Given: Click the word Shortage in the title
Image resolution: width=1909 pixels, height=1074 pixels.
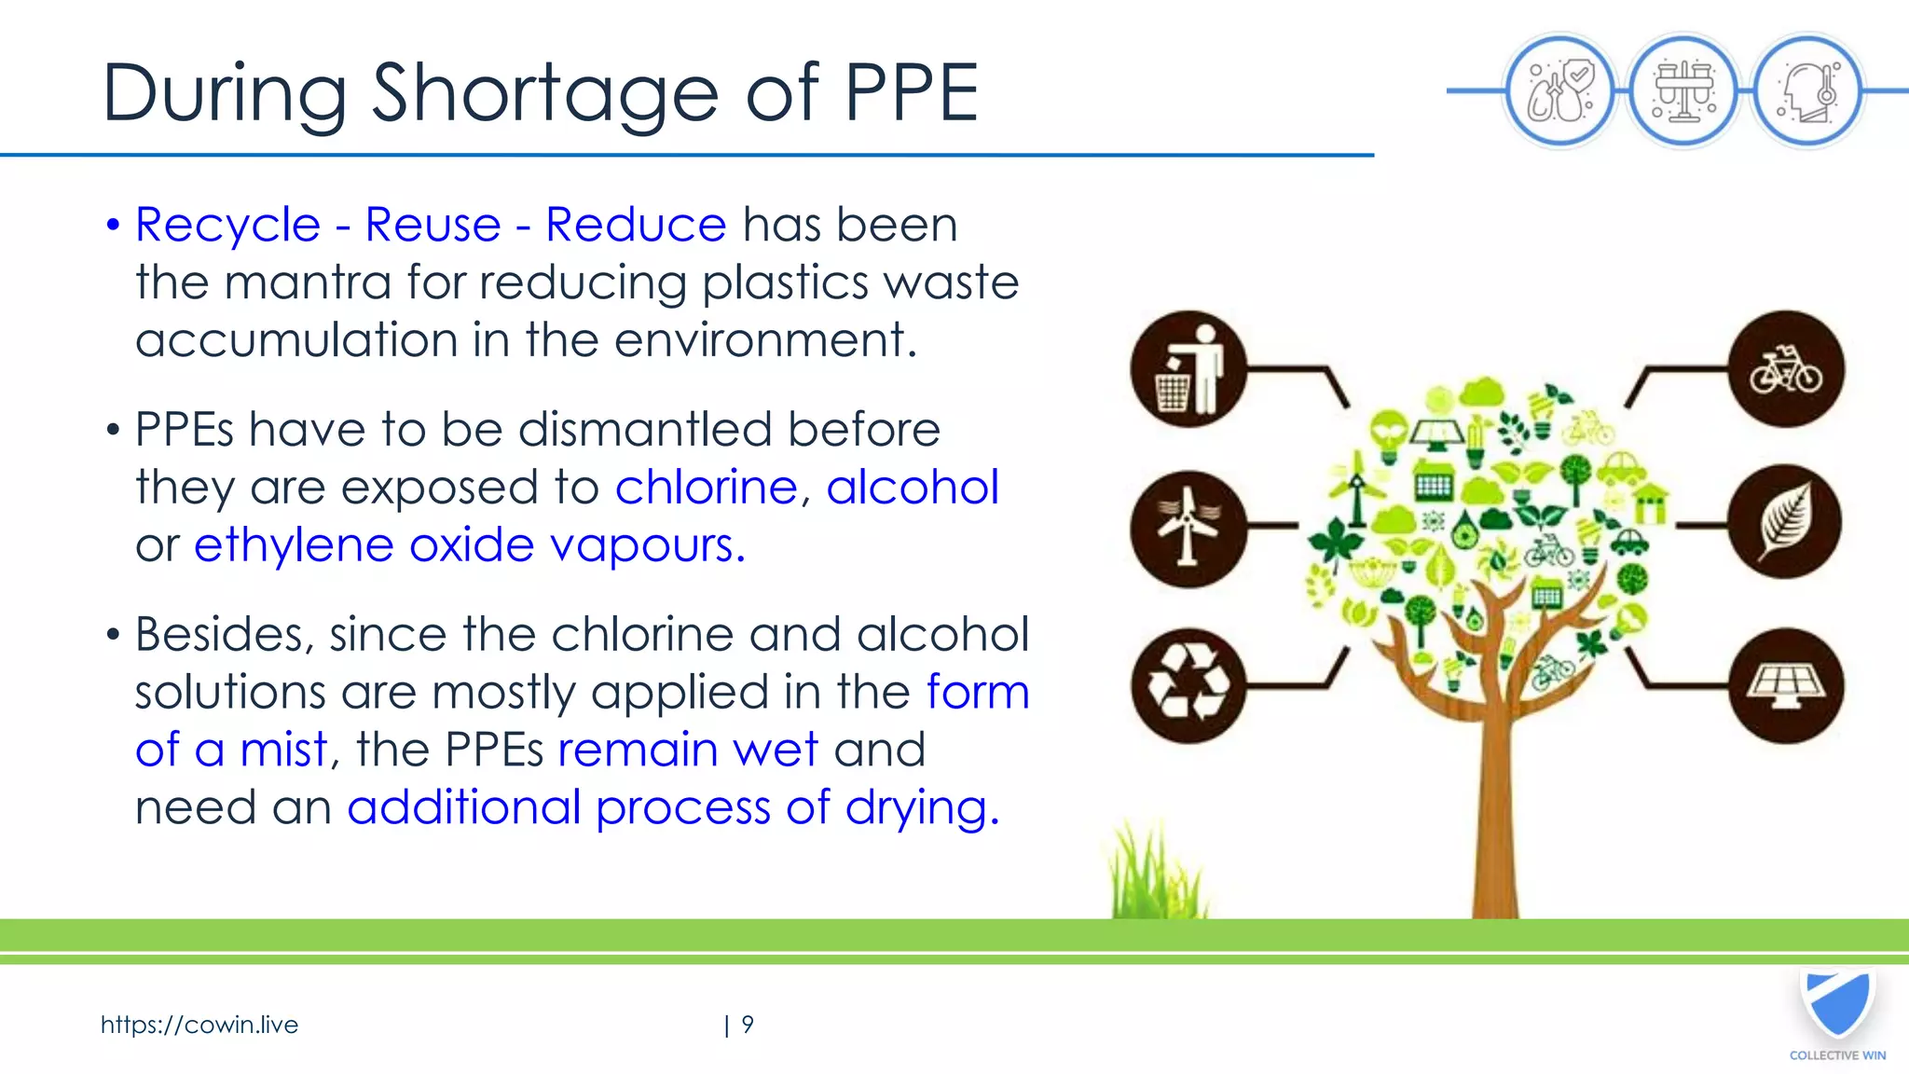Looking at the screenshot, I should pyautogui.click(x=545, y=93).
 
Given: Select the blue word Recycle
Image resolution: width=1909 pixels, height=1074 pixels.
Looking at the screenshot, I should pyautogui.click(x=228, y=225).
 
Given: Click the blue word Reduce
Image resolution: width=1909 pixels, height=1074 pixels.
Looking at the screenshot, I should pyautogui.click(x=636, y=225).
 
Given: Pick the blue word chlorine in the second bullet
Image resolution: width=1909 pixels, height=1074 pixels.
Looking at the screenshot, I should pyautogui.click(x=706, y=487).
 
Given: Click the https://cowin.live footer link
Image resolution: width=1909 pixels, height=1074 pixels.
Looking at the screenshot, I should pyautogui.click(x=199, y=1025).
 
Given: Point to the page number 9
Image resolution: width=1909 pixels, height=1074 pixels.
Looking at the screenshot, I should pyautogui.click(x=748, y=1025).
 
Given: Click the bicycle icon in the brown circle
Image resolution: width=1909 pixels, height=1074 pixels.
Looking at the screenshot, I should pyautogui.click(x=1785, y=369).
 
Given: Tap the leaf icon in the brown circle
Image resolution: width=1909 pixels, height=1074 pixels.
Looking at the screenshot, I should pyautogui.click(x=1784, y=521).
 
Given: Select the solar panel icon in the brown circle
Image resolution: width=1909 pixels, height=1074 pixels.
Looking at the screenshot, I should pyautogui.click(x=1785, y=686).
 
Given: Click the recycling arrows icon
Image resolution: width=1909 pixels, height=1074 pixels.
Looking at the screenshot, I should pyautogui.click(x=1188, y=685).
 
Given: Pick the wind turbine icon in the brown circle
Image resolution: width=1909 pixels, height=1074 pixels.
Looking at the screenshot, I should pyautogui.click(x=1188, y=529).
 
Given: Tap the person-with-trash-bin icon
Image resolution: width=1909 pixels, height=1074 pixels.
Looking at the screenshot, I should pyautogui.click(x=1188, y=369).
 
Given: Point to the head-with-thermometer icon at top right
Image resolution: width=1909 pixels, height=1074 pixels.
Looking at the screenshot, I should pyautogui.click(x=1806, y=91).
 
